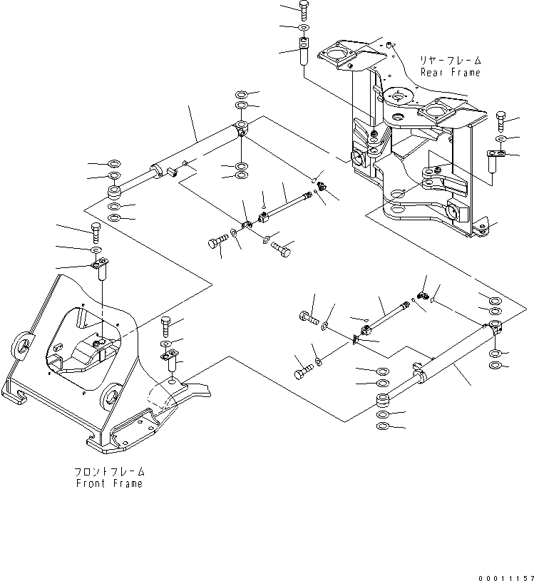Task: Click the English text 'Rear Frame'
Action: point(451,72)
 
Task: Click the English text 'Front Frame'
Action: point(109,483)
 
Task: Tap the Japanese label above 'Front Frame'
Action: point(109,472)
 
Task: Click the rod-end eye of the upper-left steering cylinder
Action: point(114,193)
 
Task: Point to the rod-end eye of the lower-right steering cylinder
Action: point(383,401)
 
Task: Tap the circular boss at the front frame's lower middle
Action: point(111,394)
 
